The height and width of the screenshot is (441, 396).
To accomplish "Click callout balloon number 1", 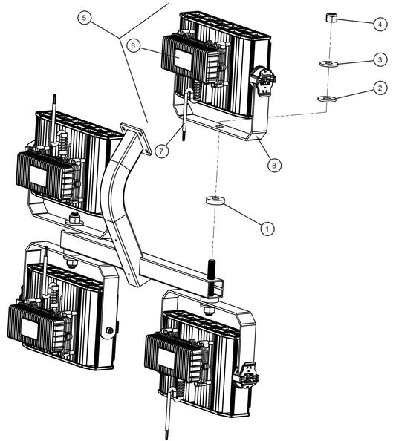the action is click(x=267, y=229).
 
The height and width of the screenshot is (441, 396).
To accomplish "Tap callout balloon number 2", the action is click(x=380, y=88).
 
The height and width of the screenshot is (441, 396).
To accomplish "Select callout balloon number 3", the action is click(x=380, y=59).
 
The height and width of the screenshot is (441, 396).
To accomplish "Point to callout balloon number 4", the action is click(x=380, y=24).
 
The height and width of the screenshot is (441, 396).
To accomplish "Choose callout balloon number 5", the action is click(x=84, y=18).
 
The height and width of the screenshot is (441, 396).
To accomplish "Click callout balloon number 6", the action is click(x=133, y=45).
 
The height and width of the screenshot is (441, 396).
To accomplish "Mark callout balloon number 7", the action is click(x=161, y=151).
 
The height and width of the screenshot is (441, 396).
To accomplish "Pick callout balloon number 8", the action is click(x=274, y=165).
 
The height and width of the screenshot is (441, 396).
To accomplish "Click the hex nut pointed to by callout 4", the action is click(x=331, y=17).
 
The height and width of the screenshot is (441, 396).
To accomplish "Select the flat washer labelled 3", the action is click(x=329, y=64).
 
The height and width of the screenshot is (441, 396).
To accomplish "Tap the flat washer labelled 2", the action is click(x=326, y=99).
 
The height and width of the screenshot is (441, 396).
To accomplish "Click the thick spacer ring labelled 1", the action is click(x=215, y=200).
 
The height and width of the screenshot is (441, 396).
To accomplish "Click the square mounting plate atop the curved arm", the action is click(x=136, y=139).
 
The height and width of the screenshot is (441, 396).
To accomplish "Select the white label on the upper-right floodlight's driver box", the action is click(x=183, y=59).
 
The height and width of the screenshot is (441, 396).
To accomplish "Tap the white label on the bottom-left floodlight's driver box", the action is click(x=30, y=329).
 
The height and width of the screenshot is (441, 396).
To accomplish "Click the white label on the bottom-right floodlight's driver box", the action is click(x=166, y=359).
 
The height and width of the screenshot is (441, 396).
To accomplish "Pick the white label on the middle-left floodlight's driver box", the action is click(x=39, y=177).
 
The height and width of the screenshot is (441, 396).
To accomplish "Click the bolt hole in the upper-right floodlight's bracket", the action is click(x=220, y=127).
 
